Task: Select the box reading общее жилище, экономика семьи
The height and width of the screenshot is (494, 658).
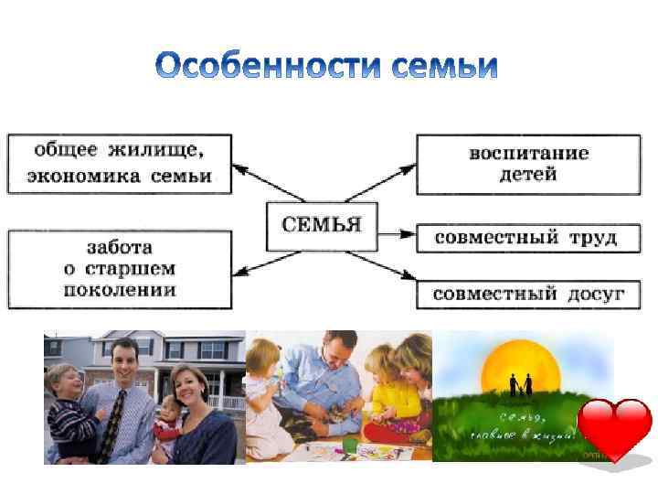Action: (x=120, y=164)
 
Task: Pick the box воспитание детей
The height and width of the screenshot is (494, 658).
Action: (x=528, y=164)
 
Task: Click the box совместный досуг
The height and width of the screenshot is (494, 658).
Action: (x=528, y=294)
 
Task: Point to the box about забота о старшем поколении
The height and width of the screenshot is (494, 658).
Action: (x=120, y=269)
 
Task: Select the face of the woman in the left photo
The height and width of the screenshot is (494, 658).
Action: (x=190, y=378)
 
